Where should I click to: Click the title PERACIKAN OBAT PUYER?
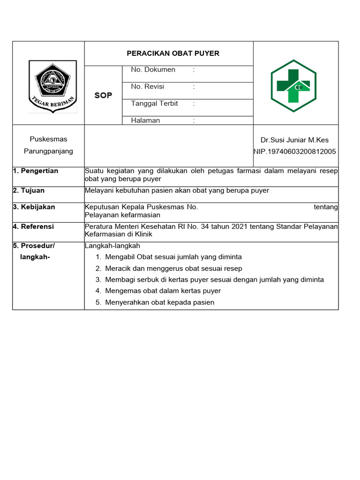point(173,53)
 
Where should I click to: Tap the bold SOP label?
point(103,95)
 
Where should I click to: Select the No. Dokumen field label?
point(153,70)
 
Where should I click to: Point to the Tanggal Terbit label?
point(154,104)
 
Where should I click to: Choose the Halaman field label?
point(145,120)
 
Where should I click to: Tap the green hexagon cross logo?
point(293,86)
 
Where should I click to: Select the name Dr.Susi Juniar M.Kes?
point(294,140)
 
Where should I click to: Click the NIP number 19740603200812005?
point(294,151)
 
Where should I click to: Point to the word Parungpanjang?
point(48,151)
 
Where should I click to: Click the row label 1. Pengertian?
point(36,171)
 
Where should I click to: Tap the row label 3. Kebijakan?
point(34,207)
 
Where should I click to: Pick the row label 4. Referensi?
point(33,226)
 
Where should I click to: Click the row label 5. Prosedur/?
point(34,246)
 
